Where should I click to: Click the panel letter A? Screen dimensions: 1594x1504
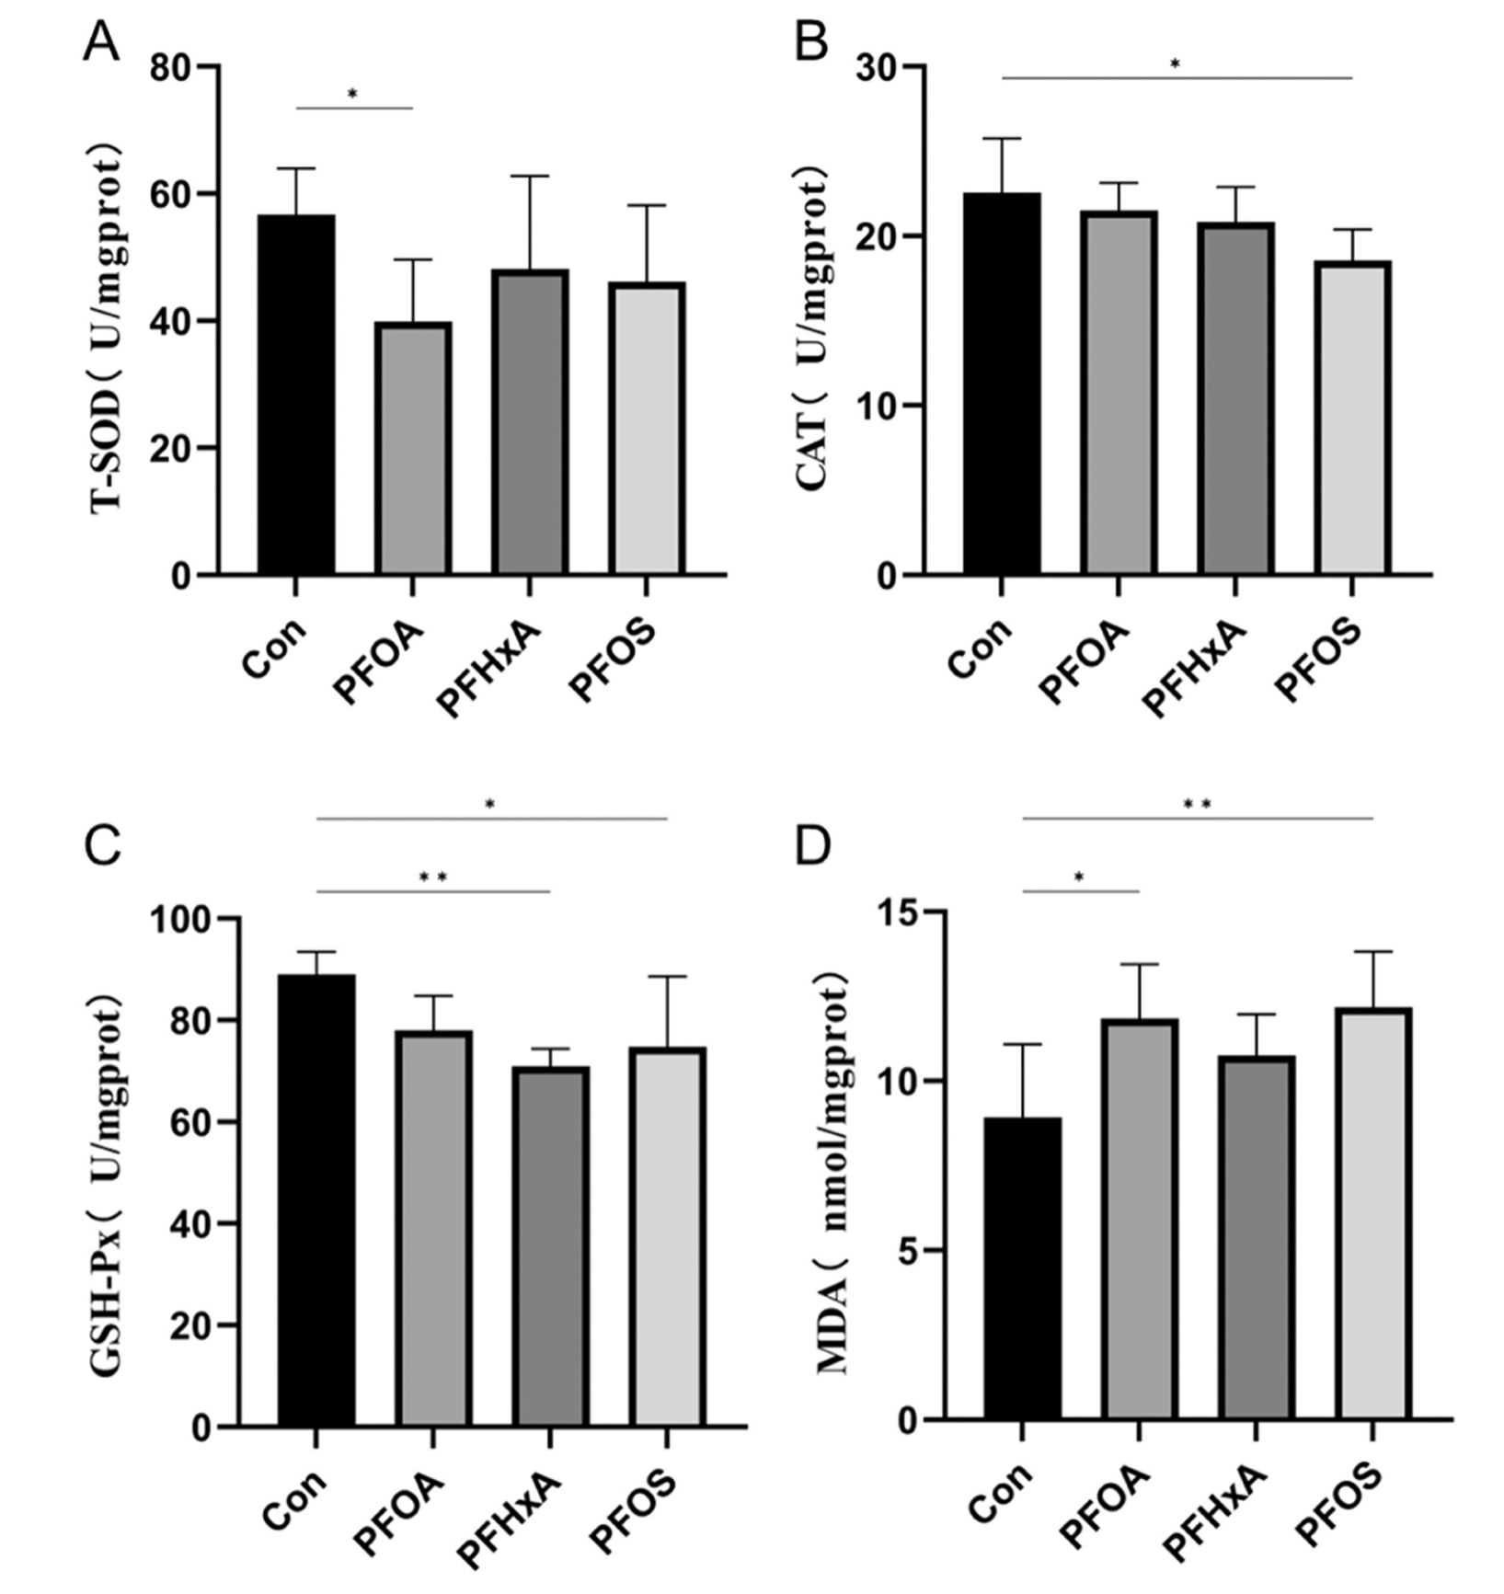tap(100, 42)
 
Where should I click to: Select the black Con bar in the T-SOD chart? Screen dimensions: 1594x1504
tap(296, 395)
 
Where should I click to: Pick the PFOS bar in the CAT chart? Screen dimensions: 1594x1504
tap(1352, 418)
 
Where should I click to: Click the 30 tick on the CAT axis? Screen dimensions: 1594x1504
tap(878, 67)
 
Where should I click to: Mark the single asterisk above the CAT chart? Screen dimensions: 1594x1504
tap(1175, 64)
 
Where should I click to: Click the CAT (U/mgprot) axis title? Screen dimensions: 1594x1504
tap(813, 327)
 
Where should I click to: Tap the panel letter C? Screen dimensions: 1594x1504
tap(101, 846)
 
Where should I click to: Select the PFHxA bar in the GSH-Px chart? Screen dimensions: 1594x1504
tap(550, 1246)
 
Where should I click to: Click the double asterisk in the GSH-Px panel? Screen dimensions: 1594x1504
tap(433, 877)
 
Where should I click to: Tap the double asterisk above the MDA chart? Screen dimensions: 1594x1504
tap(1197, 805)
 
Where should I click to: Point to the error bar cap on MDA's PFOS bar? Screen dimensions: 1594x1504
tap(1372, 952)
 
